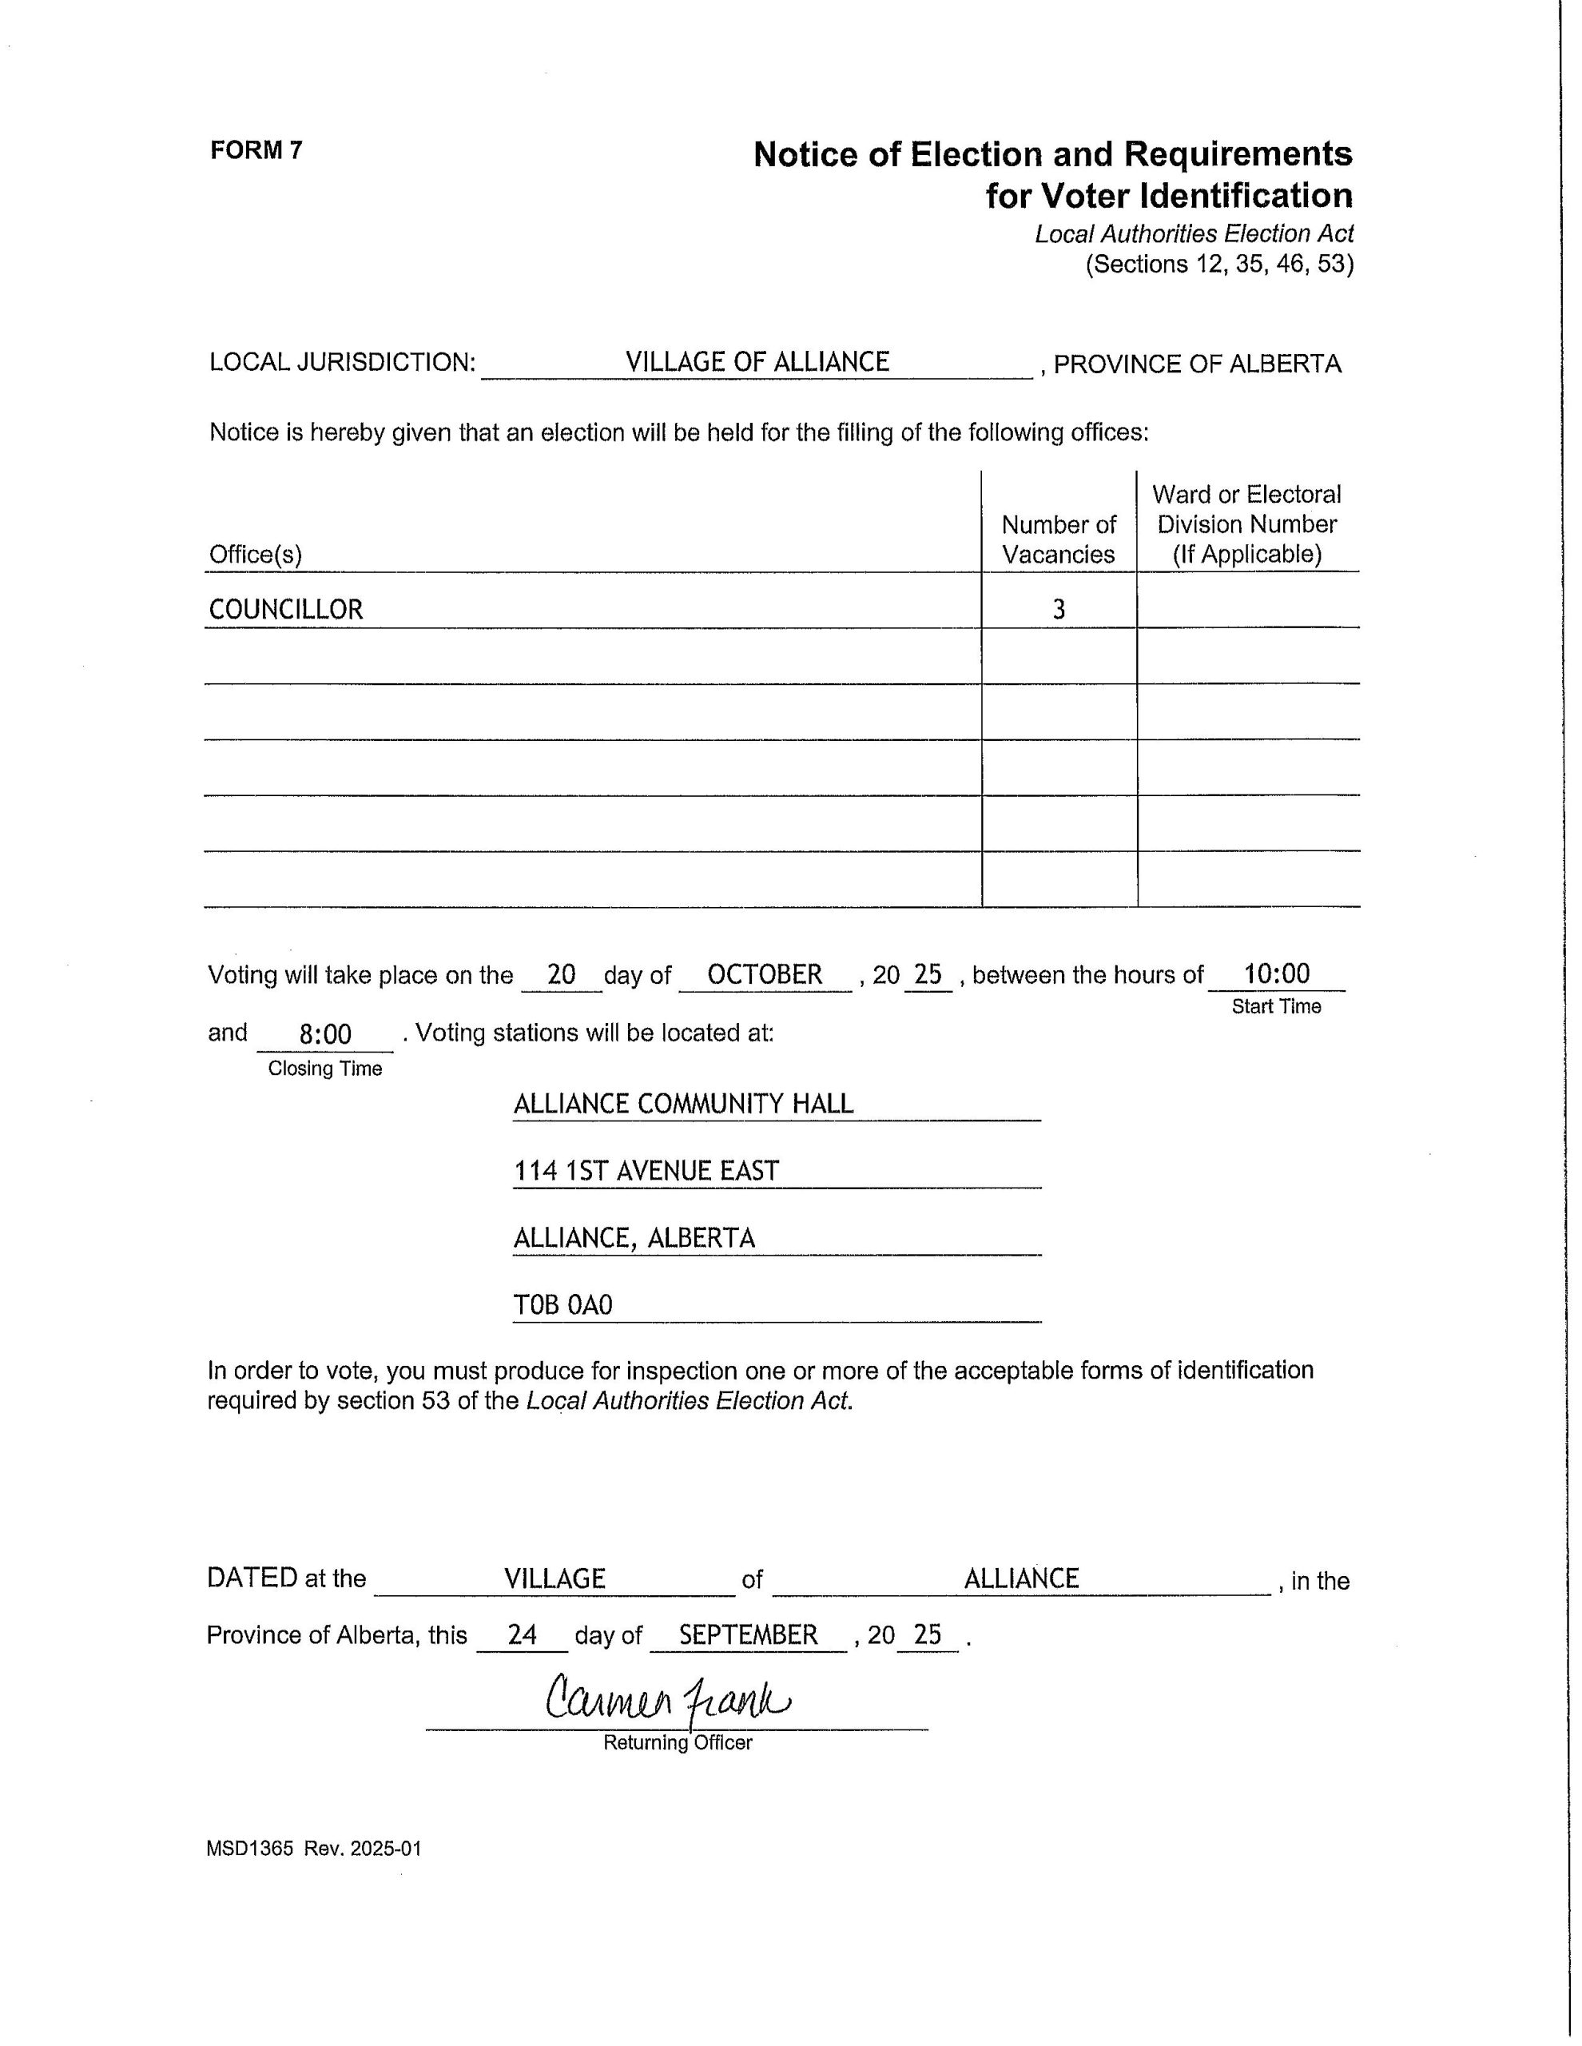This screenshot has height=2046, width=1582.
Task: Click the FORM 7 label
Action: coord(256,150)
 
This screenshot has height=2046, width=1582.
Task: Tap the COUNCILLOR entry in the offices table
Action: coord(286,609)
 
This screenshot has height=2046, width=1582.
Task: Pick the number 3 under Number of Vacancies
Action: coord(1059,610)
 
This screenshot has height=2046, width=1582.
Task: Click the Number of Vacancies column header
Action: coord(1059,539)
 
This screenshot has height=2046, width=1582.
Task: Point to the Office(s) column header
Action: coord(256,555)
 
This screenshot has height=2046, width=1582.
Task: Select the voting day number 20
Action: coord(560,974)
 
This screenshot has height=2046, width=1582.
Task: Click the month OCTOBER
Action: coord(765,974)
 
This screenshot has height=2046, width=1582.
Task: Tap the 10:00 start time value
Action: coord(1276,973)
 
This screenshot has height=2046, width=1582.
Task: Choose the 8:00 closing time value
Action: coord(325,1034)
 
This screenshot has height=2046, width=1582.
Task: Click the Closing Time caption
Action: coord(325,1069)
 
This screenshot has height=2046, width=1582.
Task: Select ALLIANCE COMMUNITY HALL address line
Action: coord(683,1104)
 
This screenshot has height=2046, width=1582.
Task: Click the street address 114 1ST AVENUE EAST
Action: coord(646,1171)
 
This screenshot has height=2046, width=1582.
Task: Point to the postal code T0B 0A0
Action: coord(563,1305)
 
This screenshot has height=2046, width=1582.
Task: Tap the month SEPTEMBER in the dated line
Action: coord(749,1634)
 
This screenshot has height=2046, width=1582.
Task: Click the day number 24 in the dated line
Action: coord(522,1634)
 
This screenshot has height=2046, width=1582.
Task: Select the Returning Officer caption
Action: coord(678,1742)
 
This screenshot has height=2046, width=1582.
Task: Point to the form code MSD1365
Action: coord(250,1849)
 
